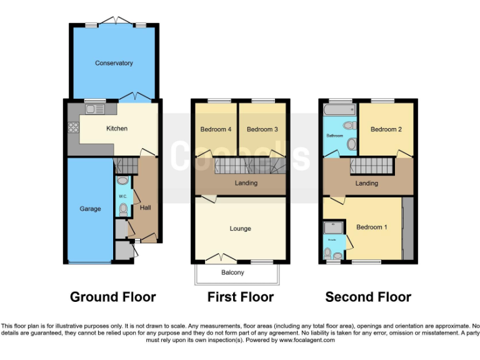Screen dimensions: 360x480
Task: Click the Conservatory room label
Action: point(114,63)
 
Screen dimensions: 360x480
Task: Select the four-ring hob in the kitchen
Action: point(72,128)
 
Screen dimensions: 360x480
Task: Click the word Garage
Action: point(90,209)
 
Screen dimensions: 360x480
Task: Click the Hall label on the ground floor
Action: point(145,207)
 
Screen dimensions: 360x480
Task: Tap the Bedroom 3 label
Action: point(262,129)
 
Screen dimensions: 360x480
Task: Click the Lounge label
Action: point(240,229)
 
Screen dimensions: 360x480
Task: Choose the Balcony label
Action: point(232,272)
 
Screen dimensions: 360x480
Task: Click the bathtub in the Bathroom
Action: point(339,110)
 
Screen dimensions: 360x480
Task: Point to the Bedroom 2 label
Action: point(386,129)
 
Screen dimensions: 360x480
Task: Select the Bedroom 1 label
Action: point(371,227)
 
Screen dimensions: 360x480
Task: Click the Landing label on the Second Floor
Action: point(366,183)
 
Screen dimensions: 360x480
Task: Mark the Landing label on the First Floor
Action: point(245,183)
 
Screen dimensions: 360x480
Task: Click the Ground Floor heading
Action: point(112,297)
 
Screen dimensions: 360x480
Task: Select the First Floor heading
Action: point(241,297)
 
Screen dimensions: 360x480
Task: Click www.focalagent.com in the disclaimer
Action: point(307,341)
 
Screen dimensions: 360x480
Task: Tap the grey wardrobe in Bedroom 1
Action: point(408,228)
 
